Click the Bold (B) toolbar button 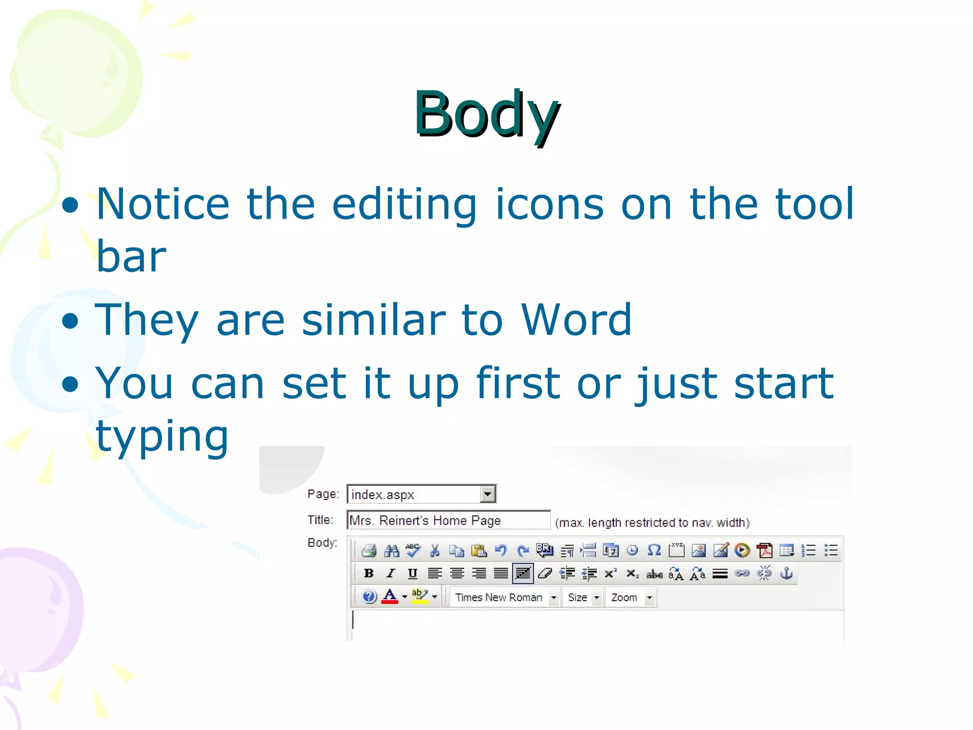[x=369, y=574]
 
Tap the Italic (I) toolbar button [x=391, y=574]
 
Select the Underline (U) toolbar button [x=412, y=574]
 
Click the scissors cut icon [x=434, y=551]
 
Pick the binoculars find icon [x=391, y=551]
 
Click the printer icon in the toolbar [x=369, y=551]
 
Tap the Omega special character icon [x=654, y=550]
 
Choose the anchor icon [x=786, y=574]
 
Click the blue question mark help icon [x=369, y=596]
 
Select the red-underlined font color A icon [x=390, y=596]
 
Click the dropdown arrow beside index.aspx [x=487, y=494]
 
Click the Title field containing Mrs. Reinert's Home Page [x=448, y=520]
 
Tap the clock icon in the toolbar [x=632, y=551]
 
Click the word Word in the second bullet [x=576, y=319]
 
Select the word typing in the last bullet [x=162, y=436]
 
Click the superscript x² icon [x=611, y=574]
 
